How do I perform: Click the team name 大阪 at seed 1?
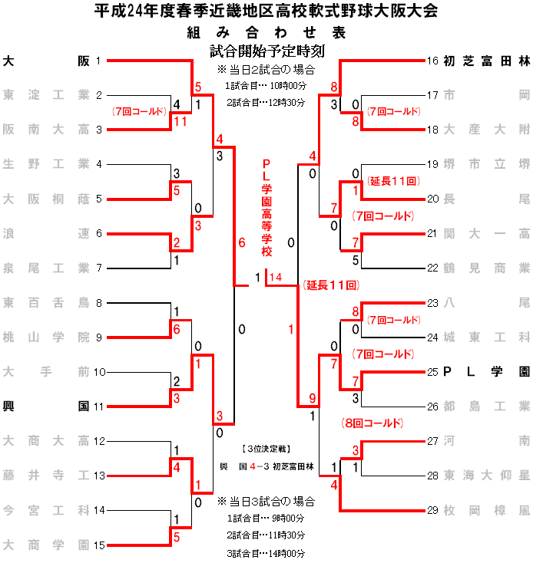(46, 61)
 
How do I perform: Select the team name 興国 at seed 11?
(46, 407)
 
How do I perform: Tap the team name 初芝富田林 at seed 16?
(487, 61)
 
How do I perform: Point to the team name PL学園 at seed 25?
(487, 372)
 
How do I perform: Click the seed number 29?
(432, 510)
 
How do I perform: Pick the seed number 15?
(99, 545)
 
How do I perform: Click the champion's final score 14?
(276, 277)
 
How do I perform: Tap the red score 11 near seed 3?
(180, 121)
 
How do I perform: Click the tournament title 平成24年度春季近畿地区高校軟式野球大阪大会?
(266, 12)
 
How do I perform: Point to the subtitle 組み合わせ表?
(266, 33)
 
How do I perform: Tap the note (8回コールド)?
(372, 423)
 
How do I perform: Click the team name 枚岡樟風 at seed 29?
(487, 510)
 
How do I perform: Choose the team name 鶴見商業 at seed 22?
(487, 268)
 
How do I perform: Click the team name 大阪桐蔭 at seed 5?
(46, 199)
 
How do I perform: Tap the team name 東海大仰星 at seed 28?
(487, 476)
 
